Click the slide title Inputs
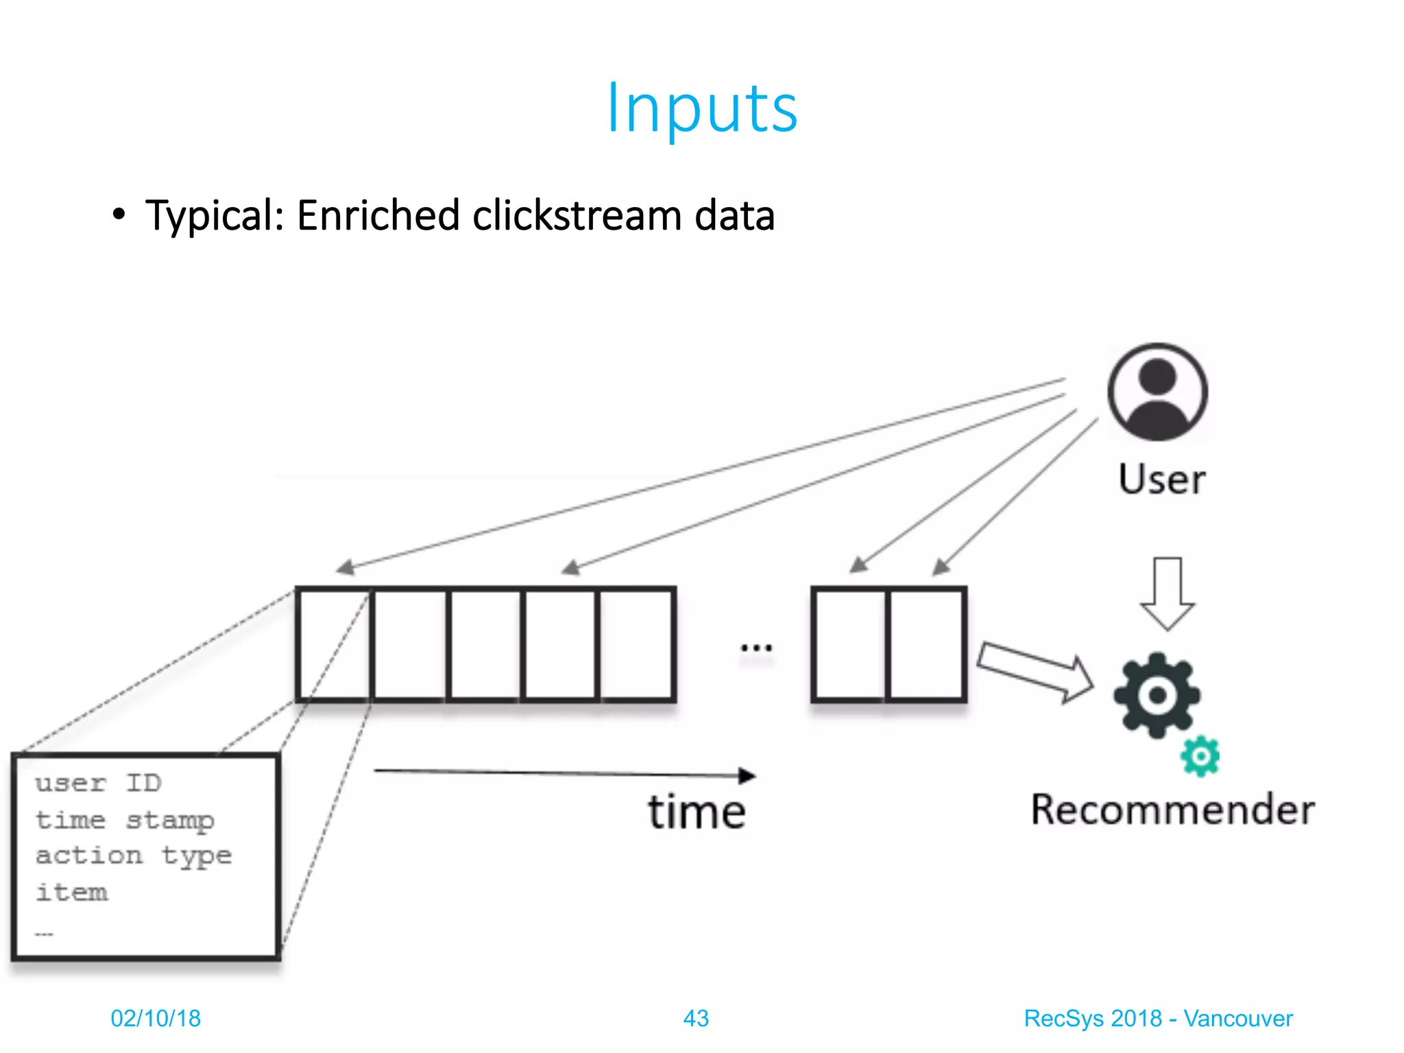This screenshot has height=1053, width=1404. coord(702,108)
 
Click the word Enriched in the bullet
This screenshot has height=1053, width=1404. coord(378,215)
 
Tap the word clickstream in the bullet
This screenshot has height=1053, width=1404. coord(577,215)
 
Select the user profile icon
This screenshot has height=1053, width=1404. coord(1157,391)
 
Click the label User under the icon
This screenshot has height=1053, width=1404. coord(1161,479)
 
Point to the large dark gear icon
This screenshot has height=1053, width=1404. coord(1157,695)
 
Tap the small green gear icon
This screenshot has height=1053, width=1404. coord(1200,756)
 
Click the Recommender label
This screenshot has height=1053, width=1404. coord(1172,810)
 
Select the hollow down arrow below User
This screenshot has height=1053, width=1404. coord(1167,592)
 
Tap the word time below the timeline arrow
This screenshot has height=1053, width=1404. coord(697,812)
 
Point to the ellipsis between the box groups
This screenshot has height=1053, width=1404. coord(756,647)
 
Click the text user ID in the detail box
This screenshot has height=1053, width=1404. coord(98,783)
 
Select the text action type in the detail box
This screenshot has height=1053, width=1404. coord(134,856)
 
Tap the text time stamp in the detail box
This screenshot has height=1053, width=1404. coord(125,820)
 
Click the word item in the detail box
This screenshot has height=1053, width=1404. coord(72,892)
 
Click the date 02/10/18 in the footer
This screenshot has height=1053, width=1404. coord(156,1018)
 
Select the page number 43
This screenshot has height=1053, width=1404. coord(696,1018)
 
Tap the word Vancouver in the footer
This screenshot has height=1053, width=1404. coord(1237,1018)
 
